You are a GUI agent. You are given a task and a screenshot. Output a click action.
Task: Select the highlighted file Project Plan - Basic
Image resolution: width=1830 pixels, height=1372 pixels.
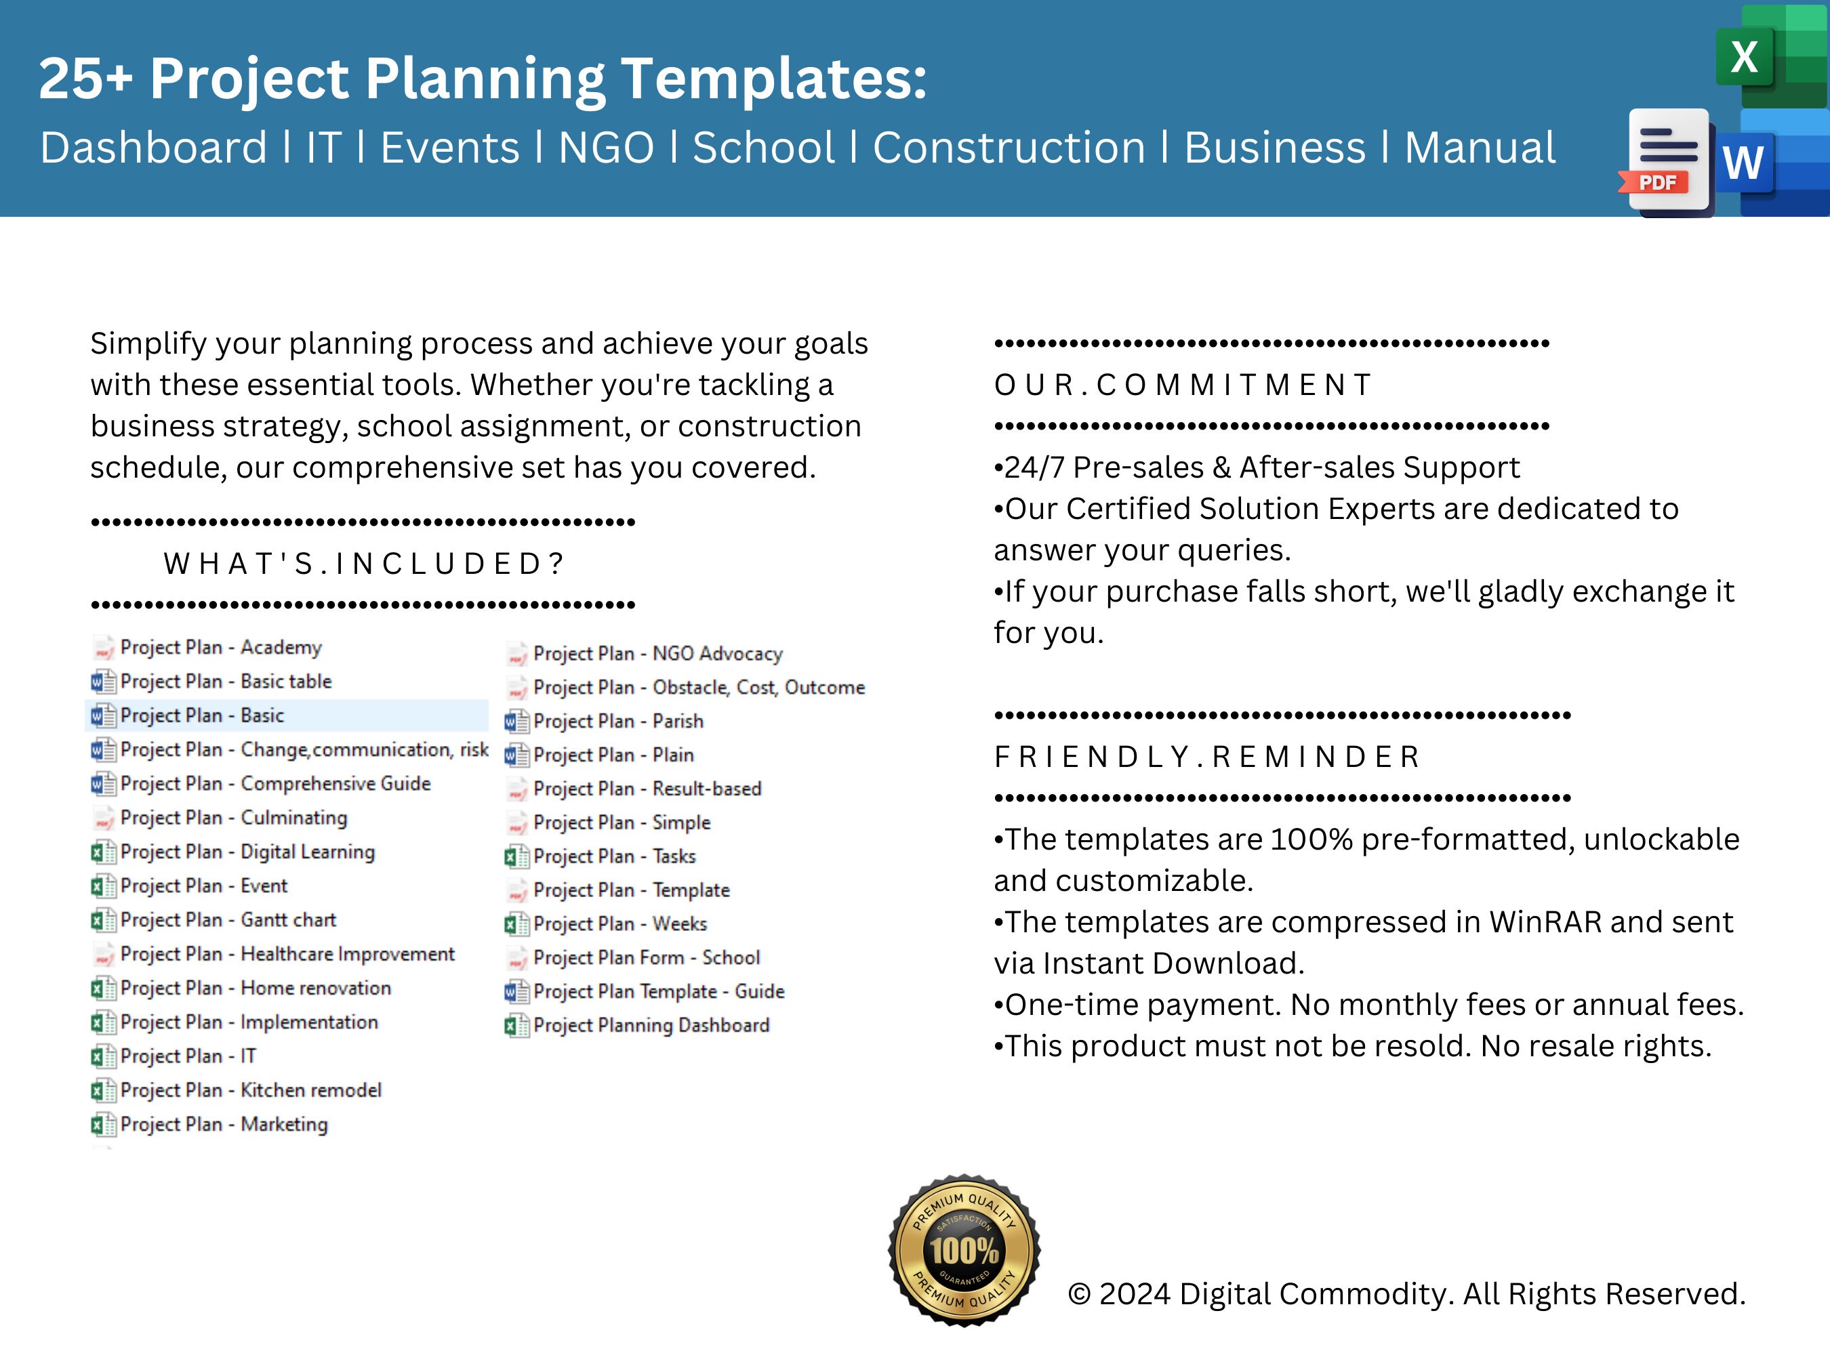pyautogui.click(x=202, y=715)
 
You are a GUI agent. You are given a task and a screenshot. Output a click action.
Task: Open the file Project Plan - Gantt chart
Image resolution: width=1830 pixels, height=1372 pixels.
pyautogui.click(x=228, y=919)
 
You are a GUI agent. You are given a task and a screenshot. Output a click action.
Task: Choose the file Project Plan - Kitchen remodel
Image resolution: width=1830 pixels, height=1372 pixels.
pyautogui.click(x=251, y=1090)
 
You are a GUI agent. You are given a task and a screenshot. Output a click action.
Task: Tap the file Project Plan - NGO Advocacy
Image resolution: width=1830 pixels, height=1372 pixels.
pyautogui.click(x=657, y=653)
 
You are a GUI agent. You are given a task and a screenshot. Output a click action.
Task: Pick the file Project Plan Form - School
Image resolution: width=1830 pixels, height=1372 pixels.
pyautogui.click(x=646, y=957)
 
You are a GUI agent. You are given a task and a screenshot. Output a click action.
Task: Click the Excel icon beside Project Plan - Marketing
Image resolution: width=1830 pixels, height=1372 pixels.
pyautogui.click(x=102, y=1125)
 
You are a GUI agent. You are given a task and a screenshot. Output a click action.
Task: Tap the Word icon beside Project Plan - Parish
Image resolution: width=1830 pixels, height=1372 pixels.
pyautogui.click(x=516, y=721)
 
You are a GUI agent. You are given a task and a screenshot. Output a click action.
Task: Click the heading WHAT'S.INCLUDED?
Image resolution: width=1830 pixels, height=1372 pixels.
pyautogui.click(x=364, y=563)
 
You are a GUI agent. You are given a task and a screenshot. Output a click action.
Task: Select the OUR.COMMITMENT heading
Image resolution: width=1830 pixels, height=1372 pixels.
pyautogui.click(x=1183, y=385)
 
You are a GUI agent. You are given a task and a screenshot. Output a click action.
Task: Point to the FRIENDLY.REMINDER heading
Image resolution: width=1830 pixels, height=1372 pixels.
pyautogui.click(x=1207, y=757)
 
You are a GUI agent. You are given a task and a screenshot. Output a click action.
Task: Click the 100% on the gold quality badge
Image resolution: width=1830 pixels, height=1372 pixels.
pyautogui.click(x=964, y=1251)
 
